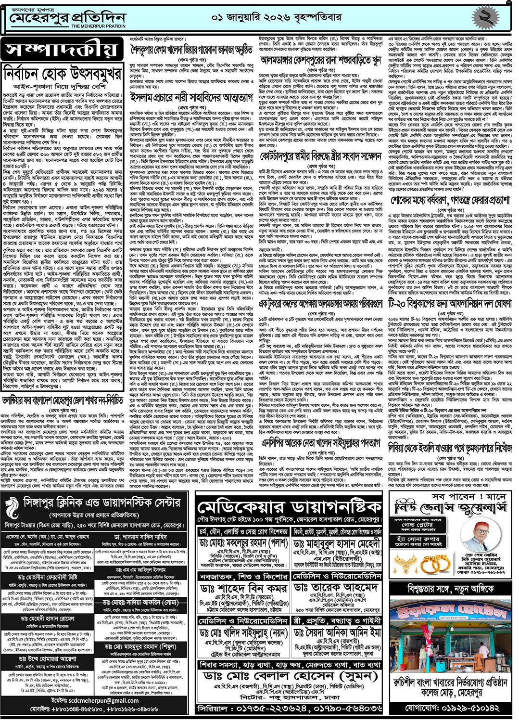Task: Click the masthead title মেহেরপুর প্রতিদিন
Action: pyautogui.click(x=67, y=18)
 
